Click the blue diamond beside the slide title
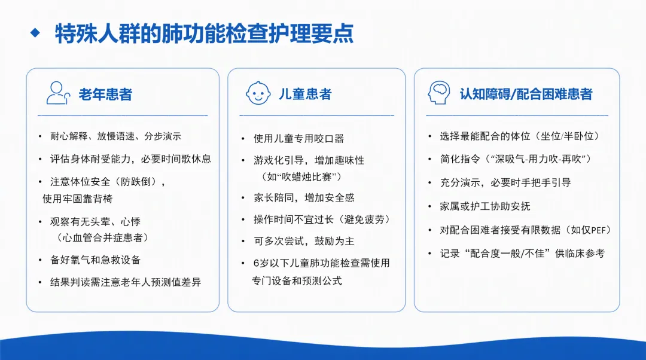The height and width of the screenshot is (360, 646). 35,32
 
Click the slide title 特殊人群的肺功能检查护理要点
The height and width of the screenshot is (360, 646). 205,33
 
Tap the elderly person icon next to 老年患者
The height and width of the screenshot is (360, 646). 58,93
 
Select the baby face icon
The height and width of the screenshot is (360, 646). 258,93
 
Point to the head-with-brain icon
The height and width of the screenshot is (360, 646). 439,92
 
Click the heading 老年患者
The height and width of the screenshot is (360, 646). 105,94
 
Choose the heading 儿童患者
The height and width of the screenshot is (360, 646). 305,94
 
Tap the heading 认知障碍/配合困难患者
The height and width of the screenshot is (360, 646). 526,94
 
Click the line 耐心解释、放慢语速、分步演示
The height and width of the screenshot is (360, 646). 116,136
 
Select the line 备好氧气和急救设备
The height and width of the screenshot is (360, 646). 96,260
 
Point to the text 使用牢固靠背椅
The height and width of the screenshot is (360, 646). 77,199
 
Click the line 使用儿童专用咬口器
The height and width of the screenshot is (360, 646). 298,139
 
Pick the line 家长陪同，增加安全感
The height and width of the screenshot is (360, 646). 304,198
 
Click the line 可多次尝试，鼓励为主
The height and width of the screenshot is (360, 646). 304,242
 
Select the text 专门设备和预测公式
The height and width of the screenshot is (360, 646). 297,281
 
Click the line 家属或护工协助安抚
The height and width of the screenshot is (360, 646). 485,206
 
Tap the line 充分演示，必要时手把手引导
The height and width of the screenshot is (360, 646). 505,183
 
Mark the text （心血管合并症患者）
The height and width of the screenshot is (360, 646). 101,237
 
